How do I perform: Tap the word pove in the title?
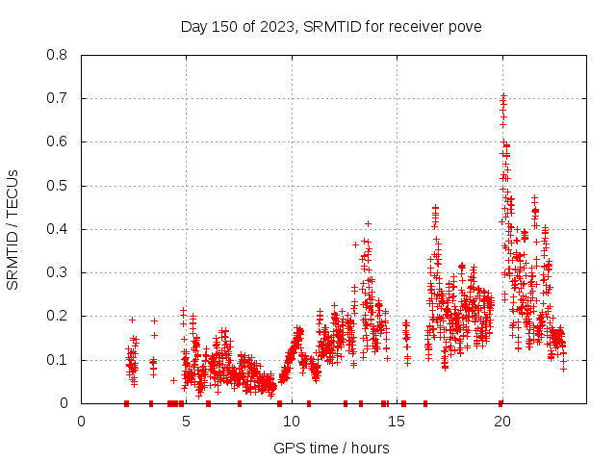pos(463,26)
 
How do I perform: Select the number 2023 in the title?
pos(273,26)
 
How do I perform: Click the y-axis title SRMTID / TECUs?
pos(13,229)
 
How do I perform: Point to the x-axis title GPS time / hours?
pos(331,448)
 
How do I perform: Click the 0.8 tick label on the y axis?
pos(60,55)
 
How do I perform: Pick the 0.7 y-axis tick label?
pos(60,98)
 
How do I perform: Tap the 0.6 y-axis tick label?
pos(60,141)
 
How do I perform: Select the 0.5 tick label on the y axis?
pos(60,186)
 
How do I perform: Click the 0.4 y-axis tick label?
pos(60,229)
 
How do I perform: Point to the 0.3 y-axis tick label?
pos(60,272)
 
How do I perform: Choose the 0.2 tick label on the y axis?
pos(60,316)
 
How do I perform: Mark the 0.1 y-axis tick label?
pos(60,360)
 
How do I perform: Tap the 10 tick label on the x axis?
pos(292,421)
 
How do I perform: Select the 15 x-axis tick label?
pos(397,421)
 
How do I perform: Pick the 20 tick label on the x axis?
pos(501,421)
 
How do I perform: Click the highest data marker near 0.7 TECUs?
pos(502,95)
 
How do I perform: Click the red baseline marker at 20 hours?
pos(501,403)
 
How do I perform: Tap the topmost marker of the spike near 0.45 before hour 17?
pos(435,207)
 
